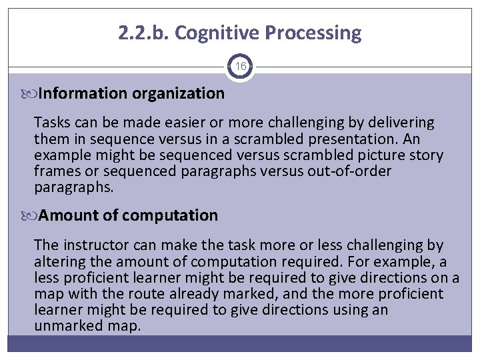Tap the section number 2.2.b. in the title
[x=145, y=33]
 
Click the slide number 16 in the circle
[x=240, y=67]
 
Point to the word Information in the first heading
[x=83, y=93]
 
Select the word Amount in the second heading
[x=66, y=215]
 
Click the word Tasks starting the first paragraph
[x=52, y=123]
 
